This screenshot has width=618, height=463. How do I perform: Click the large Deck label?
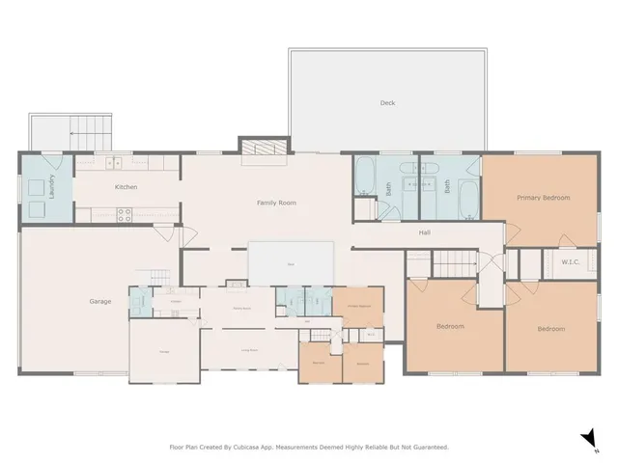[387, 102]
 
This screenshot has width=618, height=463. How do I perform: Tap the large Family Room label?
[276, 204]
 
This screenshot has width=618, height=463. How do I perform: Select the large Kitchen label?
[126, 187]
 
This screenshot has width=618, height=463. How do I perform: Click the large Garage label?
[100, 302]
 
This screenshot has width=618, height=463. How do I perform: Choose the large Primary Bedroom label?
[543, 198]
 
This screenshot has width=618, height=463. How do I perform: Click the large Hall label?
[424, 232]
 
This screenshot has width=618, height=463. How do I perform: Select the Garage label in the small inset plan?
[164, 351]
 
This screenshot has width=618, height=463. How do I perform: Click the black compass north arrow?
[588, 439]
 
